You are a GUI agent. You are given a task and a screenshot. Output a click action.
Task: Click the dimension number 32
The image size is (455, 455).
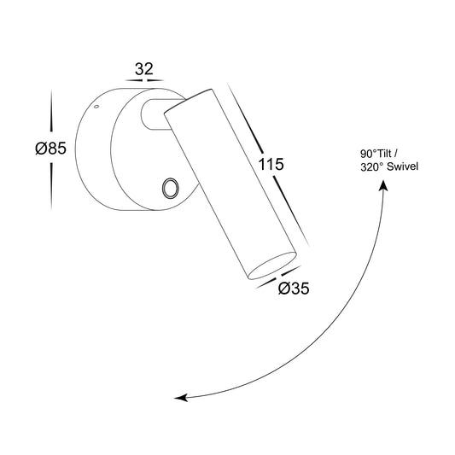click(144, 69)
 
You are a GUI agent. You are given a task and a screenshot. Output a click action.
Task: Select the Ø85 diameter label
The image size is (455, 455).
click(50, 149)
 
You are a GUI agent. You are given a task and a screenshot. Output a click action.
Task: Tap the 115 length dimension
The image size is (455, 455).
click(271, 164)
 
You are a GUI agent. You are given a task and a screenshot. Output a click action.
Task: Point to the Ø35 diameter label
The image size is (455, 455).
click(294, 289)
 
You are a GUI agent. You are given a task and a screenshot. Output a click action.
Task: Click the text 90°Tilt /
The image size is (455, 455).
click(379, 154)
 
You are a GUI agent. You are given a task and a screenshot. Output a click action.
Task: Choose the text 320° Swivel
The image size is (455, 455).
click(389, 166)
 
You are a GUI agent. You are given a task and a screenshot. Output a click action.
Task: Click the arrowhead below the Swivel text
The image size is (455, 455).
click(383, 185)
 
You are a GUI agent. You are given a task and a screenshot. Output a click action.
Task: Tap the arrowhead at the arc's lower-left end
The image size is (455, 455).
click(180, 398)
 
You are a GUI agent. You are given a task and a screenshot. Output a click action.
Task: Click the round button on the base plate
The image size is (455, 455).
click(170, 188)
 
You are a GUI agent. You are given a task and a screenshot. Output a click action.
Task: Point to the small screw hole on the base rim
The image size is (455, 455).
click(96, 107)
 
